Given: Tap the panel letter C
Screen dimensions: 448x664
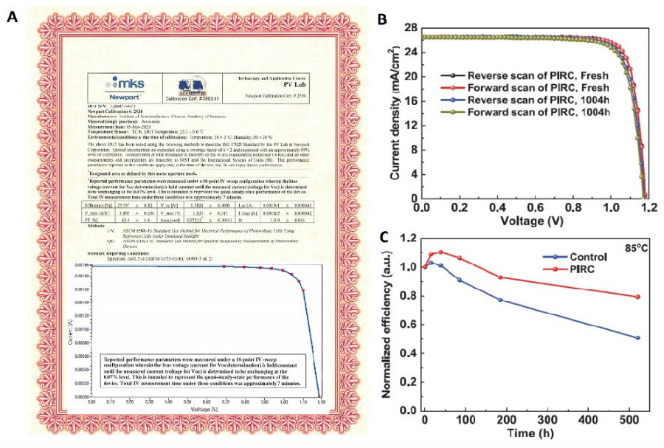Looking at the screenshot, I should tap(383, 236).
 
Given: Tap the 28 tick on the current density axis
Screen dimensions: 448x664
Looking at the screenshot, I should tap(410, 28).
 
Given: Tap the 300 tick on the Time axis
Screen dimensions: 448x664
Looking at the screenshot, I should tap(547, 420).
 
